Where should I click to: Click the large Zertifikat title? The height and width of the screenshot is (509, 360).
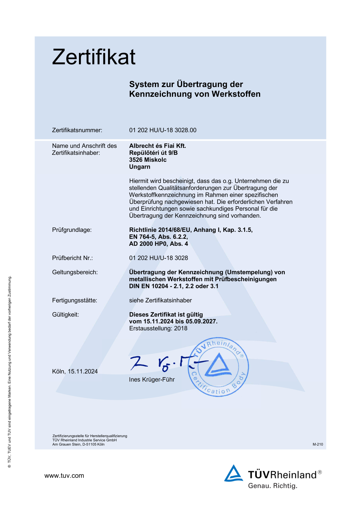(x=94, y=57)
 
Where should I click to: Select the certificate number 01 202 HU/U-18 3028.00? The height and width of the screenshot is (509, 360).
(x=163, y=130)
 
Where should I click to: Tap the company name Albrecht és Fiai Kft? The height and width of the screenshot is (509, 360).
(x=158, y=146)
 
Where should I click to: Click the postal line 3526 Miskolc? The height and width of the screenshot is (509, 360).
(x=148, y=160)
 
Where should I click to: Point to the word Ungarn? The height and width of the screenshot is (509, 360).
(x=139, y=167)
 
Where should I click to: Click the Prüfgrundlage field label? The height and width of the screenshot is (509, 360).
(x=72, y=230)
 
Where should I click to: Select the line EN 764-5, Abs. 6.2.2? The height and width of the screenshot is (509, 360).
(x=158, y=237)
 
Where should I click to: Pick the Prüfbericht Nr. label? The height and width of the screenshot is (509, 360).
(x=72, y=258)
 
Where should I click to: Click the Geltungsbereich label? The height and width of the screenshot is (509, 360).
(x=75, y=272)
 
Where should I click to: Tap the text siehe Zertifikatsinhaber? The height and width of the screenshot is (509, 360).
(x=160, y=300)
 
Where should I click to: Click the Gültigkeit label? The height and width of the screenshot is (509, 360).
(x=65, y=315)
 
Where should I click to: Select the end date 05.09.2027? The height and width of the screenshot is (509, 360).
(x=201, y=322)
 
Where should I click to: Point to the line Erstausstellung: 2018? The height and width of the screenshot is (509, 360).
(x=158, y=329)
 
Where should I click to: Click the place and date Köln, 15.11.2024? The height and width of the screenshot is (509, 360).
(x=75, y=371)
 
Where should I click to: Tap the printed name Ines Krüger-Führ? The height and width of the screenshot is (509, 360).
(x=152, y=380)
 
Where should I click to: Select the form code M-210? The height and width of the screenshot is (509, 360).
(x=318, y=444)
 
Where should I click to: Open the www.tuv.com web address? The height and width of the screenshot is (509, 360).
(x=64, y=476)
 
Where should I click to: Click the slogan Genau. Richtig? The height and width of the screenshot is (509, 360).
(x=273, y=486)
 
